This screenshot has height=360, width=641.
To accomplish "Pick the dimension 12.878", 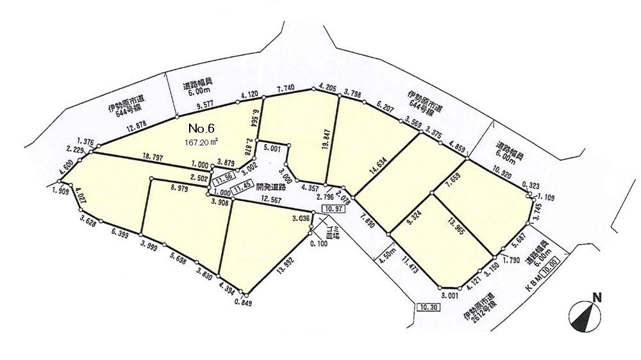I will (x=138, y=127).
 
